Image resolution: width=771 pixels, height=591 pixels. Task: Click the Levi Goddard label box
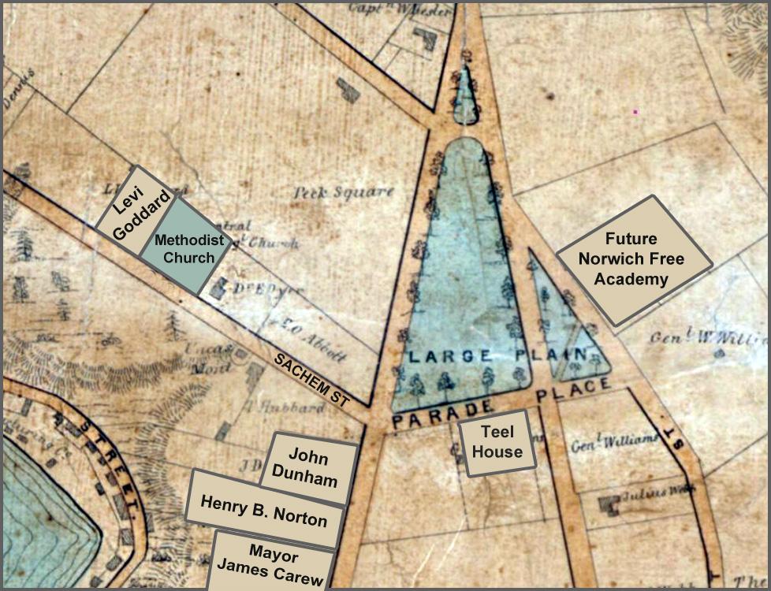pyautogui.click(x=132, y=206)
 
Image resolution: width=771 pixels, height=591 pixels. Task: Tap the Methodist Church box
pyautogui.click(x=184, y=247)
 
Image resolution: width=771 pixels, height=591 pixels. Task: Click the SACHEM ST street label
pyautogui.click(x=311, y=380)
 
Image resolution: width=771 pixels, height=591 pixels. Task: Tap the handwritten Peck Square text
pyautogui.click(x=343, y=191)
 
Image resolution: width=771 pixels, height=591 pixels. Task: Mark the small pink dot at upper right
pyautogui.click(x=635, y=112)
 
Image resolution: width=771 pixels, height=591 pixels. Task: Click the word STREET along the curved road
pyautogui.click(x=111, y=464)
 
